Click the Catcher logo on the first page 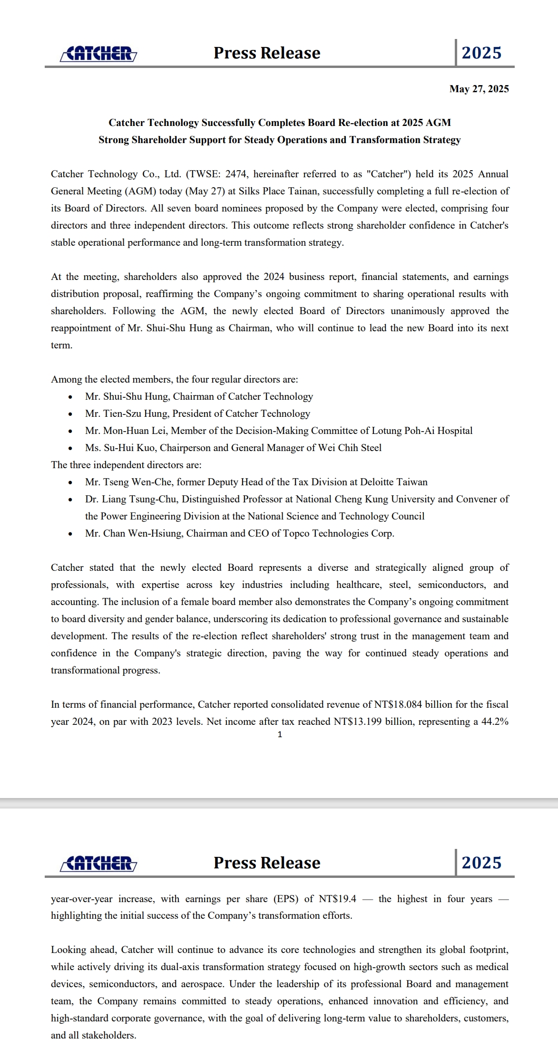coord(99,54)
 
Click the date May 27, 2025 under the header coord(479,89)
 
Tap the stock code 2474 coord(236,174)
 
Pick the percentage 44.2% coord(495,722)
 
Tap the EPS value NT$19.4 coord(337,899)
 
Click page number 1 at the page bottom coord(280,735)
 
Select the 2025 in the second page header coord(481,863)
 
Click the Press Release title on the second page coord(267,863)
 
